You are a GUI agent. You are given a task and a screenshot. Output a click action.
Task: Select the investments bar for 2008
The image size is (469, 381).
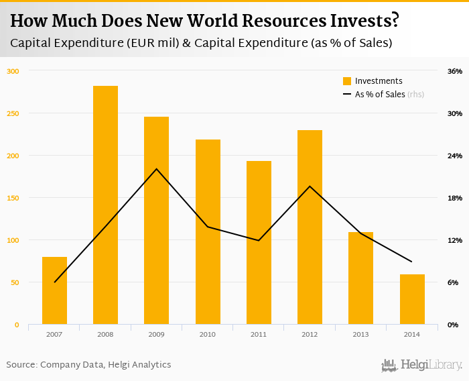(x=105, y=205)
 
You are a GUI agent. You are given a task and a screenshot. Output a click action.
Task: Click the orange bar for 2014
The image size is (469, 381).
(x=412, y=299)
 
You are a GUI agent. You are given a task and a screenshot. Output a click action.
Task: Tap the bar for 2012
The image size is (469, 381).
(x=310, y=227)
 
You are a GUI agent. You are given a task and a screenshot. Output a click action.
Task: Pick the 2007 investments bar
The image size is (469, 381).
(x=54, y=290)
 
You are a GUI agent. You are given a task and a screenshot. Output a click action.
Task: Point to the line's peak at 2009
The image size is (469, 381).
(x=157, y=168)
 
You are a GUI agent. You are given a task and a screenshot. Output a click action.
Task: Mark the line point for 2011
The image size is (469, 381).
(x=259, y=240)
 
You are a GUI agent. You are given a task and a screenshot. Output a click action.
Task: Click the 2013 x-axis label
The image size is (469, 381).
(x=360, y=334)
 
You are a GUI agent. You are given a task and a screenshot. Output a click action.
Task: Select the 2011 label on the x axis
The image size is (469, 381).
(x=259, y=334)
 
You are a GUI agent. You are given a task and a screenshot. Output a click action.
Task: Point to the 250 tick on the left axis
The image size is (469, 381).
(x=13, y=113)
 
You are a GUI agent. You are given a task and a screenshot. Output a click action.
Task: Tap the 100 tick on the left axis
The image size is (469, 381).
(x=13, y=240)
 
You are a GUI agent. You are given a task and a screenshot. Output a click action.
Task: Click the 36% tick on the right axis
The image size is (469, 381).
(x=455, y=71)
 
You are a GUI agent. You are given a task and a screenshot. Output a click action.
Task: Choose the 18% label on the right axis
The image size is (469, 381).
(x=455, y=198)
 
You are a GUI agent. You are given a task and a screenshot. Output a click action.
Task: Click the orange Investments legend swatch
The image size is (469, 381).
(x=347, y=81)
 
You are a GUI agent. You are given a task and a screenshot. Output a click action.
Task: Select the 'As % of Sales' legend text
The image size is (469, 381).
(x=380, y=95)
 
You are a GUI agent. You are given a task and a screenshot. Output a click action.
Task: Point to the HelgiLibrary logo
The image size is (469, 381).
(x=422, y=365)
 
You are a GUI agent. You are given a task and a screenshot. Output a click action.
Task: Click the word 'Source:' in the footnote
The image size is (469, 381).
(x=21, y=365)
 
